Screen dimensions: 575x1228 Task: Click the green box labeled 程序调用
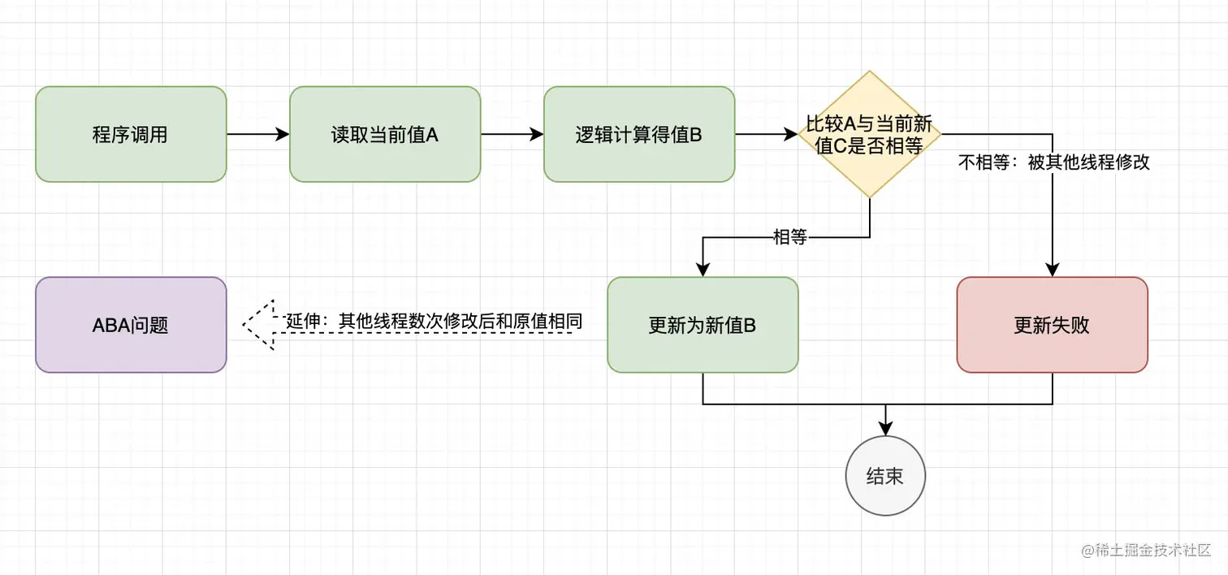point(131,134)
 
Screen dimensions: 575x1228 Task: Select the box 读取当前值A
point(385,134)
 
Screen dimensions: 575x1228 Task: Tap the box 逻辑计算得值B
point(639,134)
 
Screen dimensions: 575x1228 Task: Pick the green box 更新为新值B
point(703,325)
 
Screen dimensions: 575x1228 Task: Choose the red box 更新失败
point(1052,325)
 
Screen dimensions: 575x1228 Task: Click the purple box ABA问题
point(131,325)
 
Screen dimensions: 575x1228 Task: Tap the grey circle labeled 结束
point(884,476)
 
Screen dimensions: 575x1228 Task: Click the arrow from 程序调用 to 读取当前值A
point(257,134)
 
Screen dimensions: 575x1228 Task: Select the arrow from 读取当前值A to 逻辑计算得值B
point(512,134)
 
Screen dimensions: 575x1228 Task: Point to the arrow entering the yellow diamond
point(766,134)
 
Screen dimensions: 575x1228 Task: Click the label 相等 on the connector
point(789,237)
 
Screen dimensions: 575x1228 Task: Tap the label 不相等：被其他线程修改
point(1054,162)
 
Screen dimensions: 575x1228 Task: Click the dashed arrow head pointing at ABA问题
point(258,325)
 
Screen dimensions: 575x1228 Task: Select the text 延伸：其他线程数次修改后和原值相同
point(434,321)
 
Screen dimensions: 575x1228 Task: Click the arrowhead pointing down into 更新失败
point(1053,270)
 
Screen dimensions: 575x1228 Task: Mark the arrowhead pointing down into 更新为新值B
point(703,270)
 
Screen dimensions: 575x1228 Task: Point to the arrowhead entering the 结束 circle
point(884,429)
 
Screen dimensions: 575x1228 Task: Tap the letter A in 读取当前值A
point(432,134)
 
